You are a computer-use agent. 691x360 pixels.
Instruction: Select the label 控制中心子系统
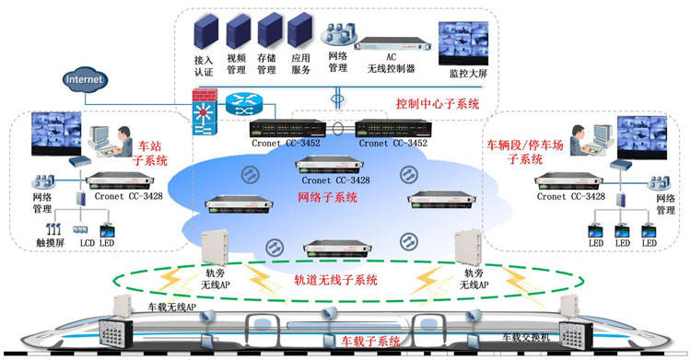point(438,105)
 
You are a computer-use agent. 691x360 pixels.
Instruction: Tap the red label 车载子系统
point(369,341)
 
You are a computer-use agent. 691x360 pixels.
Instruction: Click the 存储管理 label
point(267,66)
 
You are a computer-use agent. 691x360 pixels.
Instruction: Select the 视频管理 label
point(237,66)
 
